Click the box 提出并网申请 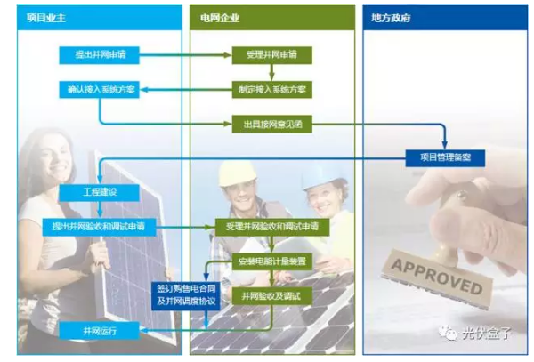pos(99,55)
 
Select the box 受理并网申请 pos(271,55)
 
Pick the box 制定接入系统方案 pos(271,89)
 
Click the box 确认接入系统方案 pos(99,89)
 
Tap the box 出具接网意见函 pos(271,124)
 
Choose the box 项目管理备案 pos(445,157)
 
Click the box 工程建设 pos(99,192)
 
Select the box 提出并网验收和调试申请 pos(99,226)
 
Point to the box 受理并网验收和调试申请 pos(271,226)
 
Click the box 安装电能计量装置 pos(271,261)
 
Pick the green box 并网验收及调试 pos(271,294)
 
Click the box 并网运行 pos(99,331)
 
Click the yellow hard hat pos(237,173)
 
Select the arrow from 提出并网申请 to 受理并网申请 pos(184,55)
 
